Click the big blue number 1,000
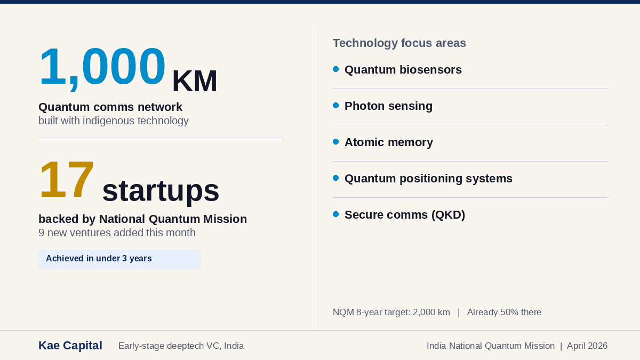(102, 67)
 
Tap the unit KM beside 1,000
(194, 82)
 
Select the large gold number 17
(67, 180)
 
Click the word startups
(161, 190)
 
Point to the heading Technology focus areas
(399, 43)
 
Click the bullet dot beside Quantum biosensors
(336, 69)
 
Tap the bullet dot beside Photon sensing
(336, 106)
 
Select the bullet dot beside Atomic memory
(336, 142)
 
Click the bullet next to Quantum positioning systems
(336, 178)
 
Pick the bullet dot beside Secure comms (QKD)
(336, 214)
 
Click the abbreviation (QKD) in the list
(449, 215)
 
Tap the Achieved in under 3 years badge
(119, 259)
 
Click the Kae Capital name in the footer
(70, 346)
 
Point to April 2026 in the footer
(587, 346)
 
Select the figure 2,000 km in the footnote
(431, 313)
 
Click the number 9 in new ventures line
(42, 233)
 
